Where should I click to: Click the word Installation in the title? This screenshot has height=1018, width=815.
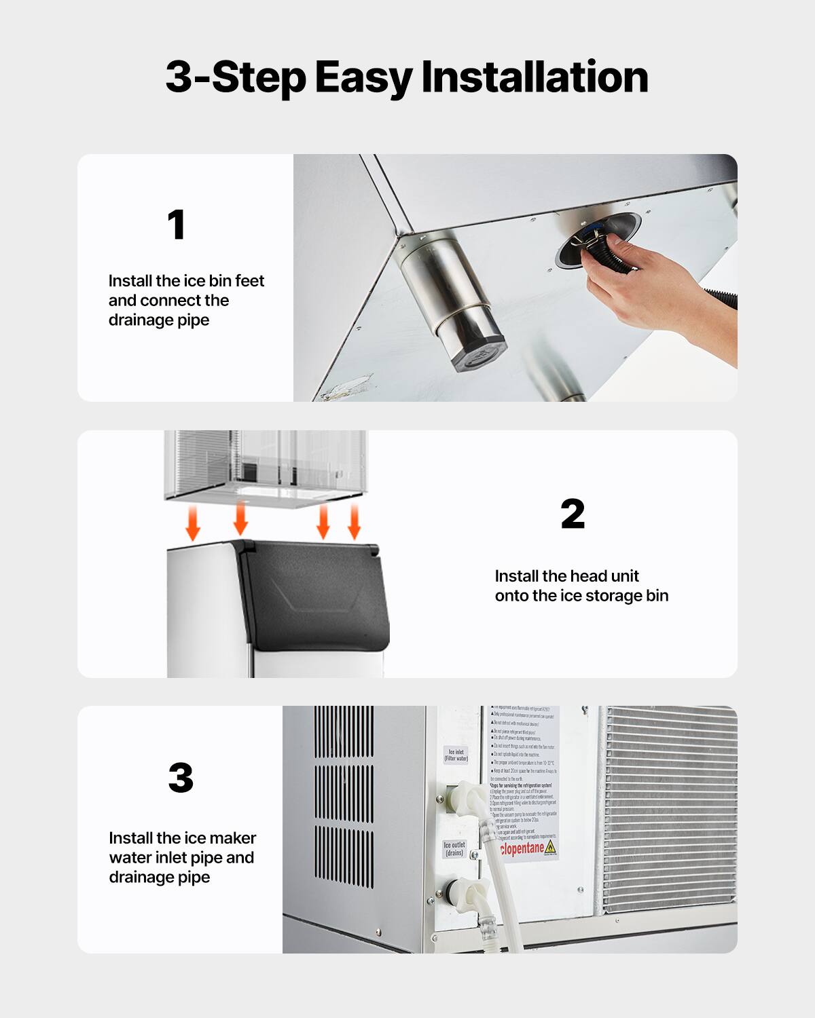coord(535,77)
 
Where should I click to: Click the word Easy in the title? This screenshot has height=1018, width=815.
coord(363,77)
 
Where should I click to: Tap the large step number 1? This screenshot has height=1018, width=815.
coord(177,225)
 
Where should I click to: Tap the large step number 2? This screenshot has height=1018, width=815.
coord(573,514)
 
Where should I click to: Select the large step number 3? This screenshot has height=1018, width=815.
coord(181,778)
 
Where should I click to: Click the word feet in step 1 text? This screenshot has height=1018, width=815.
coord(249,281)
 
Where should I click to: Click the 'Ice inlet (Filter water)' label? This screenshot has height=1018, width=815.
coord(456,755)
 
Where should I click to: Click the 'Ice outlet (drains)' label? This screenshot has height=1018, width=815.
coord(454,848)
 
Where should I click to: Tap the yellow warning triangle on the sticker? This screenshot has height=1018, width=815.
coord(550,847)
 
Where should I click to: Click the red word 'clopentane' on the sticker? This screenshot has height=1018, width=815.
coord(522,848)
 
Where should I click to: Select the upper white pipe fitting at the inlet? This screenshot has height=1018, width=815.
coord(468,797)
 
